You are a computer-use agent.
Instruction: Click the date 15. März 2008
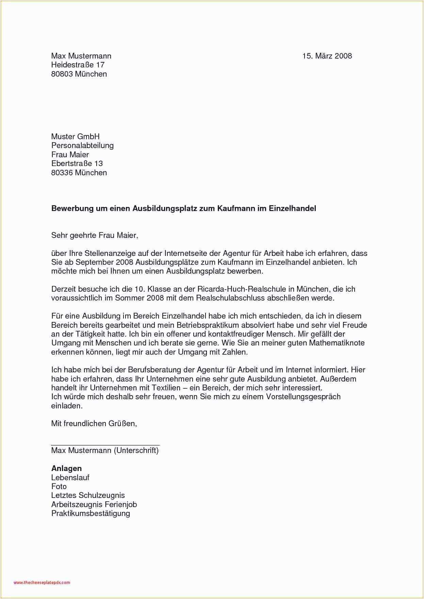pos(327,56)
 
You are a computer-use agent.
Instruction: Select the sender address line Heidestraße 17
pos(78,65)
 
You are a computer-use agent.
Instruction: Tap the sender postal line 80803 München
pos(79,74)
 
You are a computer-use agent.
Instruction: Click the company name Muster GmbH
pos(75,137)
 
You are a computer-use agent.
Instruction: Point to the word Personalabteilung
pos(82,146)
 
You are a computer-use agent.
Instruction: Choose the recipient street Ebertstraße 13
pos(77,164)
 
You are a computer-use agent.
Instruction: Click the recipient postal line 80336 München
pos(79,173)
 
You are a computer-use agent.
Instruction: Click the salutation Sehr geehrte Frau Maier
pos(95,236)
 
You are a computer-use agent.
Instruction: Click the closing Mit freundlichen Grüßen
pos(94,424)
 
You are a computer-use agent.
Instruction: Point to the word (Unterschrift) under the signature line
pos(136,451)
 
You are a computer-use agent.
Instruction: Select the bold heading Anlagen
pos(66,469)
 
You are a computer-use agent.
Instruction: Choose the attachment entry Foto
pos(59,487)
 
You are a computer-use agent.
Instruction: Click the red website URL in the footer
pos(42,583)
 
